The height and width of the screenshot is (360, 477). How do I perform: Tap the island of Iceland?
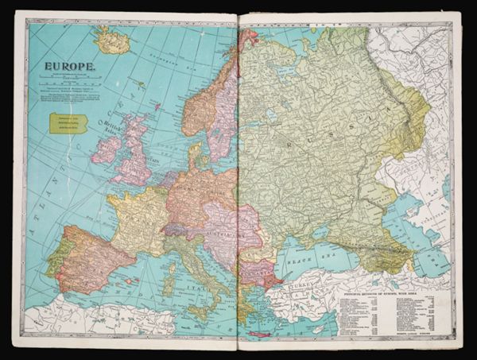click(x=112, y=40)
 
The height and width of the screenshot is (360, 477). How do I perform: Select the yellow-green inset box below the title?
click(x=68, y=122)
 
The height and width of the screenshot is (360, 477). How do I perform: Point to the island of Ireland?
click(x=106, y=149)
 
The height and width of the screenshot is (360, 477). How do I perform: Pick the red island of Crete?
click(x=258, y=333)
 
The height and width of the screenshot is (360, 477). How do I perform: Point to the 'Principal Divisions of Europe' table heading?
click(x=386, y=293)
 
